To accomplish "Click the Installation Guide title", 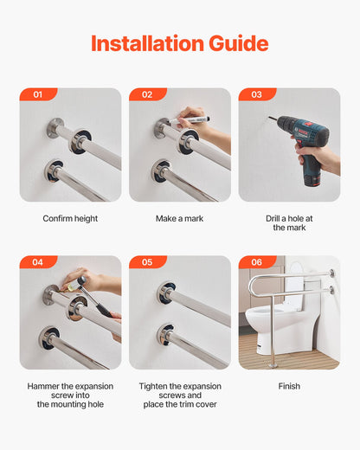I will (x=179, y=43).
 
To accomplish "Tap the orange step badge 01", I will (x=37, y=94).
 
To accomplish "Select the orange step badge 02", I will (x=147, y=94).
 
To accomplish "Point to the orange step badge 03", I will (x=256, y=94).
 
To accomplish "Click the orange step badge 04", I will (x=37, y=261).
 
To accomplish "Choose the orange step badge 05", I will (x=147, y=261).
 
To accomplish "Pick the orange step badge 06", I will (x=256, y=261).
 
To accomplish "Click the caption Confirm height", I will (x=70, y=219).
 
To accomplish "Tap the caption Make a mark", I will (x=179, y=219).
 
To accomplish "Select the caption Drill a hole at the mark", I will (x=289, y=223).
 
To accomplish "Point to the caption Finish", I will (x=289, y=386).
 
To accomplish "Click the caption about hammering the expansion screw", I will (x=70, y=395).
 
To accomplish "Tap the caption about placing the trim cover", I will (x=179, y=395).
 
